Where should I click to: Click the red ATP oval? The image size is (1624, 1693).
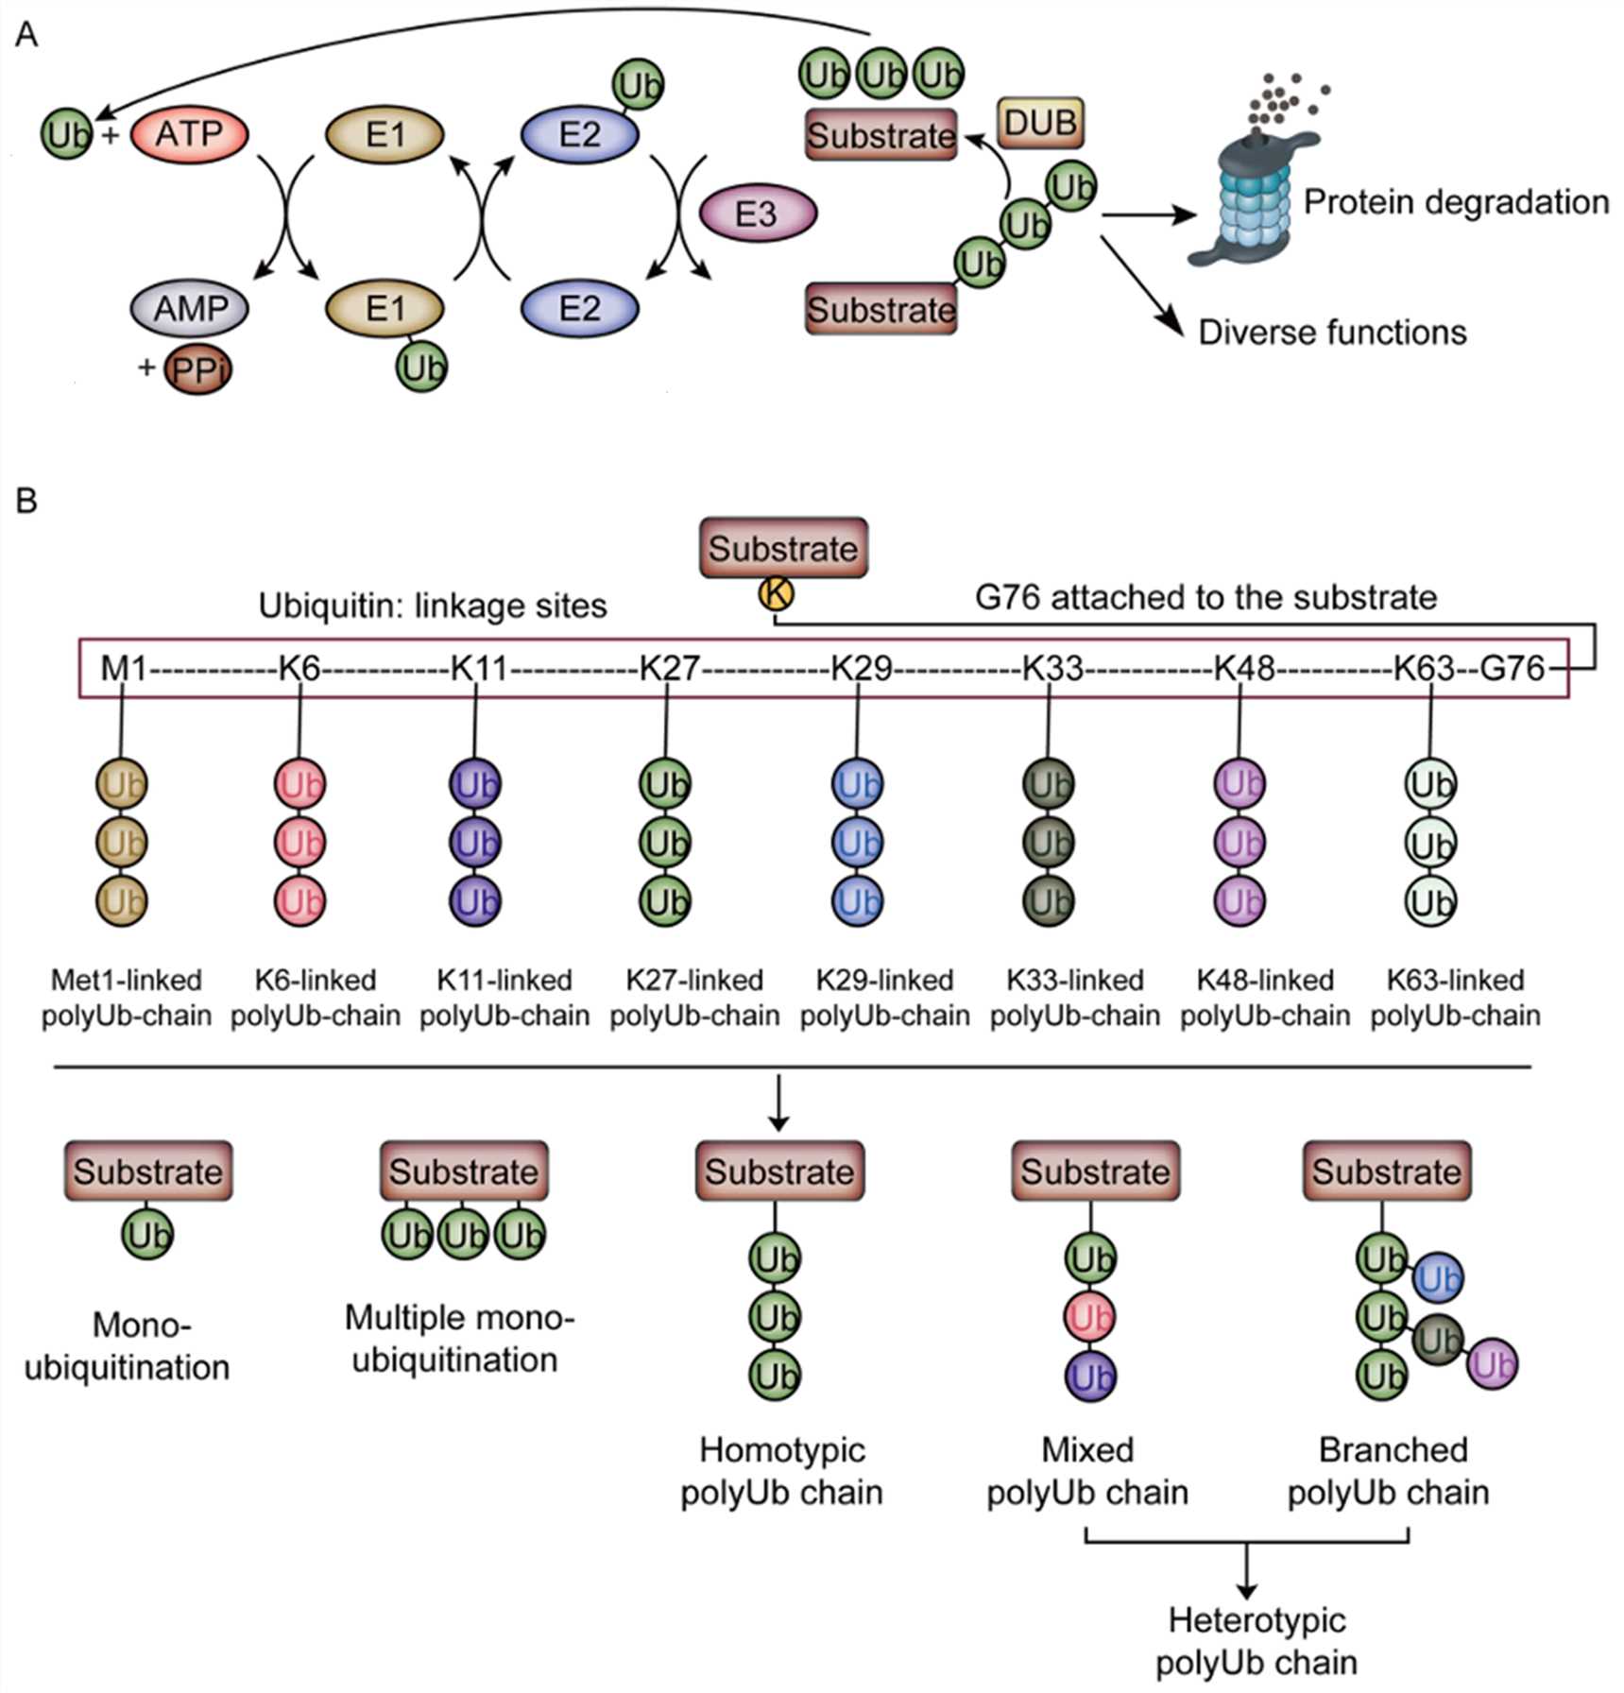pyautogui.click(x=189, y=134)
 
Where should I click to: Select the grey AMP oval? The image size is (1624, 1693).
pyautogui.click(x=190, y=308)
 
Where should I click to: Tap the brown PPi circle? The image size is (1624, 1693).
pyautogui.click(x=198, y=369)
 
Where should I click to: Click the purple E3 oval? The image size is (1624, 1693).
pyautogui.click(x=757, y=214)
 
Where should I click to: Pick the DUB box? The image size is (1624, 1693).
pyautogui.click(x=1040, y=123)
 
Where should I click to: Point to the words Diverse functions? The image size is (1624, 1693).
pyautogui.click(x=1332, y=333)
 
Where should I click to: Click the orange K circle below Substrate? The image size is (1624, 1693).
pyautogui.click(x=776, y=594)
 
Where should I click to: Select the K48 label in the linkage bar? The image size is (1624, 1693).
pyautogui.click(x=1243, y=669)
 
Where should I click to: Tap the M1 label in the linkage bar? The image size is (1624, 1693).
pyautogui.click(x=124, y=669)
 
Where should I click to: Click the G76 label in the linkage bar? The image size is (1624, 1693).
pyautogui.click(x=1512, y=669)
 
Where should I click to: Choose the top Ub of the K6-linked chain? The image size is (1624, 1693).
pyautogui.click(x=299, y=784)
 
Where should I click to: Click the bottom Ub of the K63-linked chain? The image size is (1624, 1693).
pyautogui.click(x=1430, y=901)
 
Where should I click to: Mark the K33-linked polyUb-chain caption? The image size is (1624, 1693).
pyautogui.click(x=1075, y=998)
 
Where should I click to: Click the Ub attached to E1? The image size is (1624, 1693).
pyautogui.click(x=421, y=367)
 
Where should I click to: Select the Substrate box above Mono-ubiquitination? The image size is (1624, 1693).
pyautogui.click(x=148, y=1171)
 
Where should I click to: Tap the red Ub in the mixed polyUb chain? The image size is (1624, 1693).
pyautogui.click(x=1090, y=1316)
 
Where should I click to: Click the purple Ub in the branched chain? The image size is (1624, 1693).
pyautogui.click(x=1493, y=1364)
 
